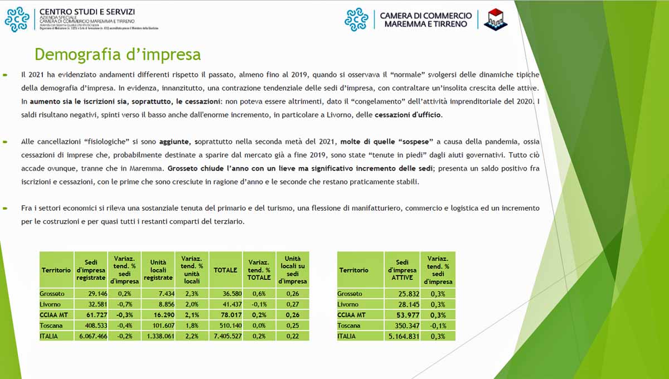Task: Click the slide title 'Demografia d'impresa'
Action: pyautogui.click(x=118, y=55)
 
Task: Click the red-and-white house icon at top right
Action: pyautogui.click(x=495, y=20)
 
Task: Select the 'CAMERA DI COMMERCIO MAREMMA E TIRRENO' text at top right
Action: pyautogui.click(x=425, y=20)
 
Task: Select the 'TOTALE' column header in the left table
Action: pyautogui.click(x=225, y=270)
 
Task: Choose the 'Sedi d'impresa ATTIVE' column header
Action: pyautogui.click(x=402, y=270)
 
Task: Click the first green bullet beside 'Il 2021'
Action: pyautogui.click(x=5, y=74)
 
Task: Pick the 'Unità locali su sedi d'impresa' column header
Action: pyautogui.click(x=292, y=270)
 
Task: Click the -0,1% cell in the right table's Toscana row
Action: pyautogui.click(x=438, y=325)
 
